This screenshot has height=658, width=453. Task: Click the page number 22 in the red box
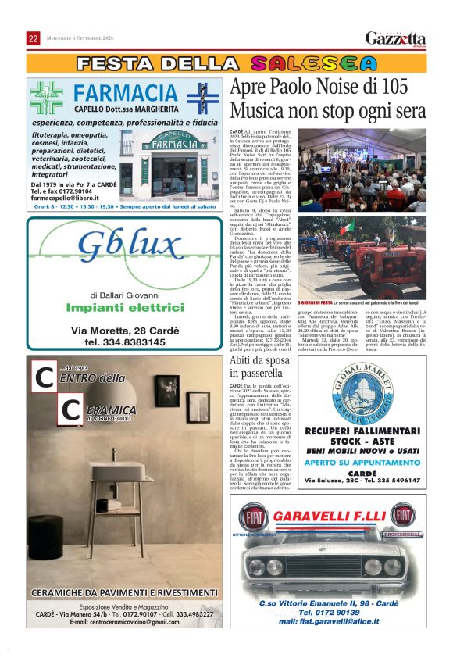(x=34, y=39)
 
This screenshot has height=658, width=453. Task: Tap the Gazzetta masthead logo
(x=396, y=38)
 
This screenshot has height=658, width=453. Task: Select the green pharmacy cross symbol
(x=46, y=98)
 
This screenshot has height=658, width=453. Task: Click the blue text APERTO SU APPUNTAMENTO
(x=363, y=462)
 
